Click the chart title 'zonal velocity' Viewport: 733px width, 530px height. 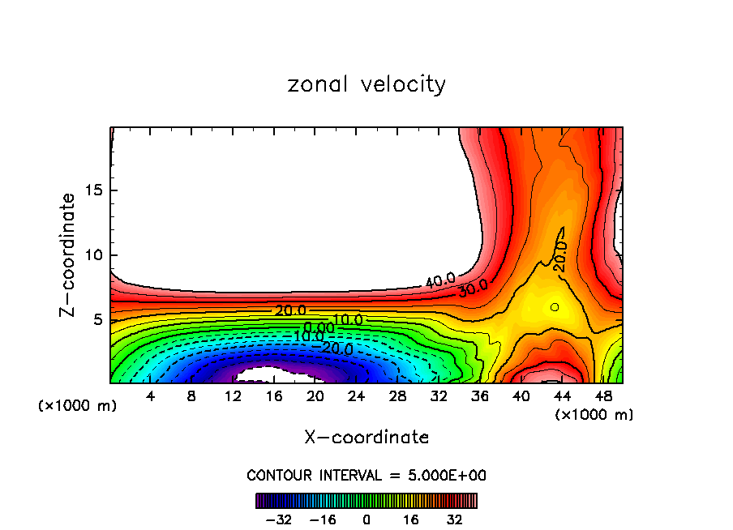[366, 84]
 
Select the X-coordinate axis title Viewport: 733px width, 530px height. [366, 438]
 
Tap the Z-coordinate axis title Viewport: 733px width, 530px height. [68, 254]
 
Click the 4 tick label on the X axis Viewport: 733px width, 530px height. [151, 396]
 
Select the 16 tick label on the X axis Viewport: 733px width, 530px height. [274, 396]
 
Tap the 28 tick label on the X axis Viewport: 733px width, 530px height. [397, 396]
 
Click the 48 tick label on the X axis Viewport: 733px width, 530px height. [602, 396]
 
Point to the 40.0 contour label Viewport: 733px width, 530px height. [440, 281]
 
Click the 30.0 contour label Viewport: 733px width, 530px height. [473, 289]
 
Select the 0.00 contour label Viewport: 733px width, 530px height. [319, 327]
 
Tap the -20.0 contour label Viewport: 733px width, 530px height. [337, 349]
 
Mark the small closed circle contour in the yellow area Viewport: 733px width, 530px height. [555, 306]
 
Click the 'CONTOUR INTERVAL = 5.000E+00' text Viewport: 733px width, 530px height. [366, 475]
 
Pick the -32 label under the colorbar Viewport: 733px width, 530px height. [277, 519]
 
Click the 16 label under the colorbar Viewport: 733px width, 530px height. [411, 519]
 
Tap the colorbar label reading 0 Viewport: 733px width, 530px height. [366, 519]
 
